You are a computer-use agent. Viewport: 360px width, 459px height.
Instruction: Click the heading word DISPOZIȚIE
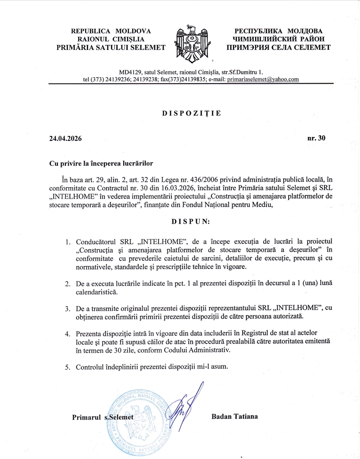pos(192,114)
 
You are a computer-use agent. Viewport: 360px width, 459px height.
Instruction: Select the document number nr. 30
pos(316,139)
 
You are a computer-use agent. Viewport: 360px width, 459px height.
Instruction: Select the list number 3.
pos(67,309)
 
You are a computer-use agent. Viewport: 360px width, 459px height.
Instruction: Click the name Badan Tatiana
pos(235,416)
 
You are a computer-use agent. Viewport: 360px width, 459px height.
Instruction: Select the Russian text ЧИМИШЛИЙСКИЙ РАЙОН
pos(279,39)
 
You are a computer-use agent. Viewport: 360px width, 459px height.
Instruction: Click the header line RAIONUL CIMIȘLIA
pos(111,39)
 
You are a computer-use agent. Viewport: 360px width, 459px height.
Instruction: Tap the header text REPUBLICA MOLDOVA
pos(111,31)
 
